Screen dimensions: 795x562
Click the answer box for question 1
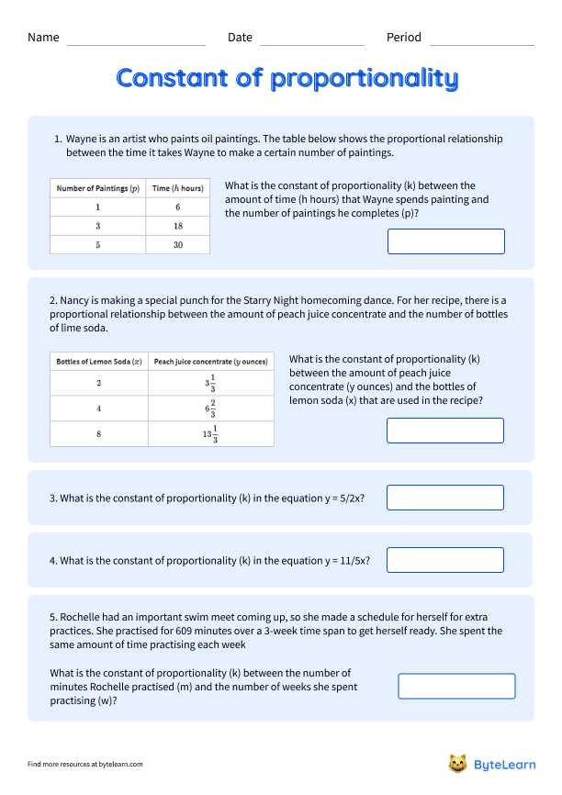[446, 241]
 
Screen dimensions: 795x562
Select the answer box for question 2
[445, 431]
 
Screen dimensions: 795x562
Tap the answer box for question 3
[445, 498]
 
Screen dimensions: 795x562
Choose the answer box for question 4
[445, 560]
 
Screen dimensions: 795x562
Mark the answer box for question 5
[456, 686]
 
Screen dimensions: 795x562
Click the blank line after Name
[136, 43]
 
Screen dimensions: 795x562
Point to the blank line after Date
[312, 43]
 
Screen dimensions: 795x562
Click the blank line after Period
[481, 43]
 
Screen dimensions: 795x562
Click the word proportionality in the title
[364, 79]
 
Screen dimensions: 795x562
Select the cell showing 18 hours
[177, 226]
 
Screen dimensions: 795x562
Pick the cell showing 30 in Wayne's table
[177, 245]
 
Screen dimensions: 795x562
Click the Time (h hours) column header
[177, 188]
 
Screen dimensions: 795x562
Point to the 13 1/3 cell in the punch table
[210, 433]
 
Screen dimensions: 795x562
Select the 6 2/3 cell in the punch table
[210, 409]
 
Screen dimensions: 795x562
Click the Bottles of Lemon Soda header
[98, 362]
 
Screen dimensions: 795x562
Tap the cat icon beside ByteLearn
[457, 763]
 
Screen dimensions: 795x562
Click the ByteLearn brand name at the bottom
[504, 764]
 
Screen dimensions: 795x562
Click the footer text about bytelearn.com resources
[85, 764]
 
